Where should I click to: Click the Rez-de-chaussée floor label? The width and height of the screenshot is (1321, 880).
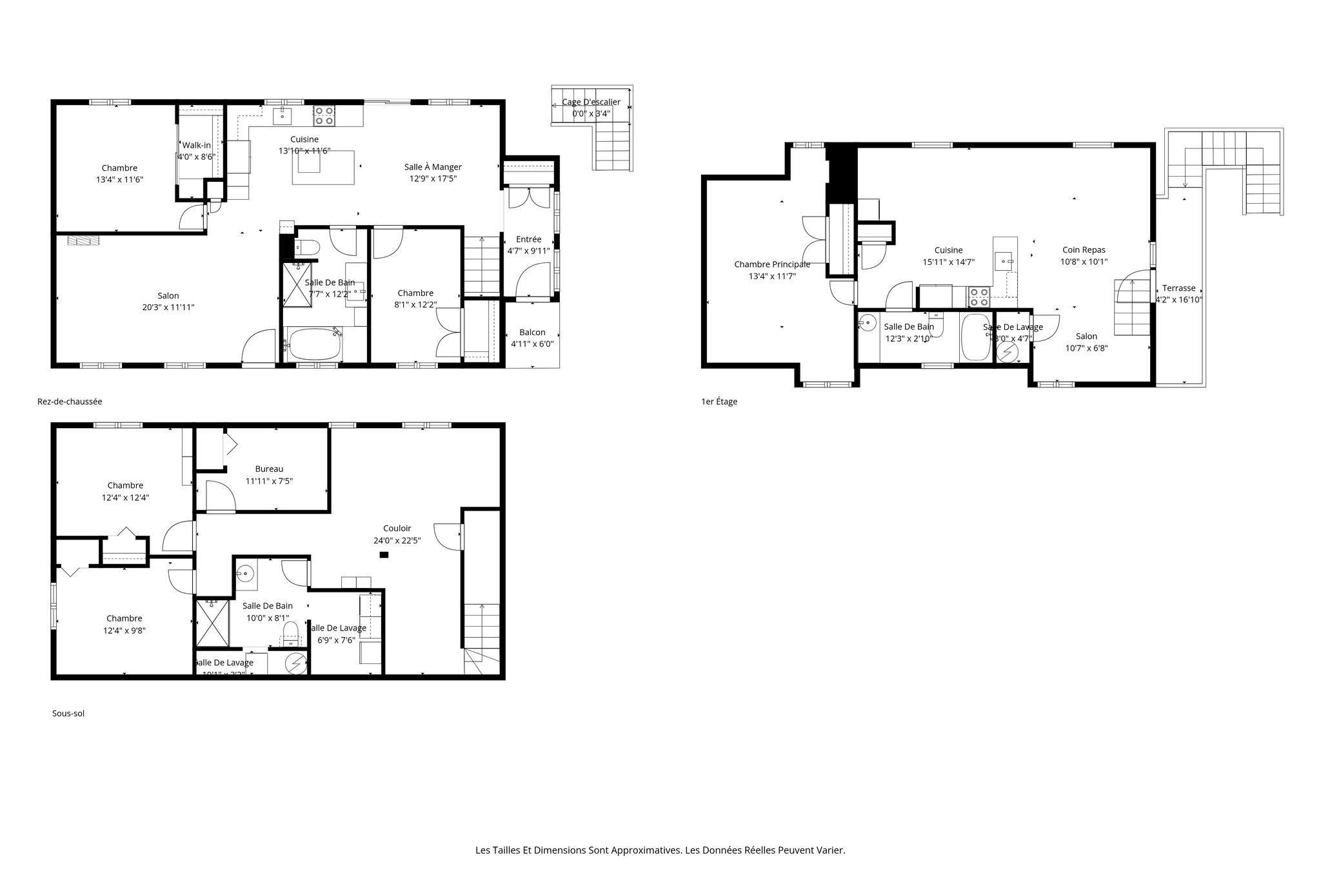click(70, 401)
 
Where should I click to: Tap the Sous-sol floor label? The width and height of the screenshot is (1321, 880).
click(68, 713)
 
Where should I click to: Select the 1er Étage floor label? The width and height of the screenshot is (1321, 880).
click(719, 402)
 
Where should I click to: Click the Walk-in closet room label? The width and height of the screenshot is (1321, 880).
click(197, 145)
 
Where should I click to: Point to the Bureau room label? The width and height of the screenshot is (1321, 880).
click(269, 469)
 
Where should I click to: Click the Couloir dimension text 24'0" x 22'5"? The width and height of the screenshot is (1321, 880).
click(397, 540)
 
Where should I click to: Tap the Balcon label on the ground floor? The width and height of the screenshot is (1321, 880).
click(532, 333)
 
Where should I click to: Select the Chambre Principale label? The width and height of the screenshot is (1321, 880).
click(772, 264)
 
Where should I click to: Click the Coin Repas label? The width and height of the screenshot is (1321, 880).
click(1084, 250)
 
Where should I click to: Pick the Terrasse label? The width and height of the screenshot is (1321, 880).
click(1178, 288)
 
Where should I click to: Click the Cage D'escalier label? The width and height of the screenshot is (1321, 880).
click(591, 102)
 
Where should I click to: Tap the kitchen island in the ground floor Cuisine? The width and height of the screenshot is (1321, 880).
click(323, 167)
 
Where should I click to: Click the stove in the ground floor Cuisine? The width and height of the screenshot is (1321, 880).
click(324, 115)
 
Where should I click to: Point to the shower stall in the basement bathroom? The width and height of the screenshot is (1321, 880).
click(213, 623)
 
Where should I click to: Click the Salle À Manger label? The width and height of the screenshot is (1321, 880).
click(433, 167)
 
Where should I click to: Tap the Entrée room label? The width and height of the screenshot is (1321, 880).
click(529, 239)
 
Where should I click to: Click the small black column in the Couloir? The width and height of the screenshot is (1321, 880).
click(384, 555)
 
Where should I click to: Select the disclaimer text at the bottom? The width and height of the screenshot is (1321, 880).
click(660, 850)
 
